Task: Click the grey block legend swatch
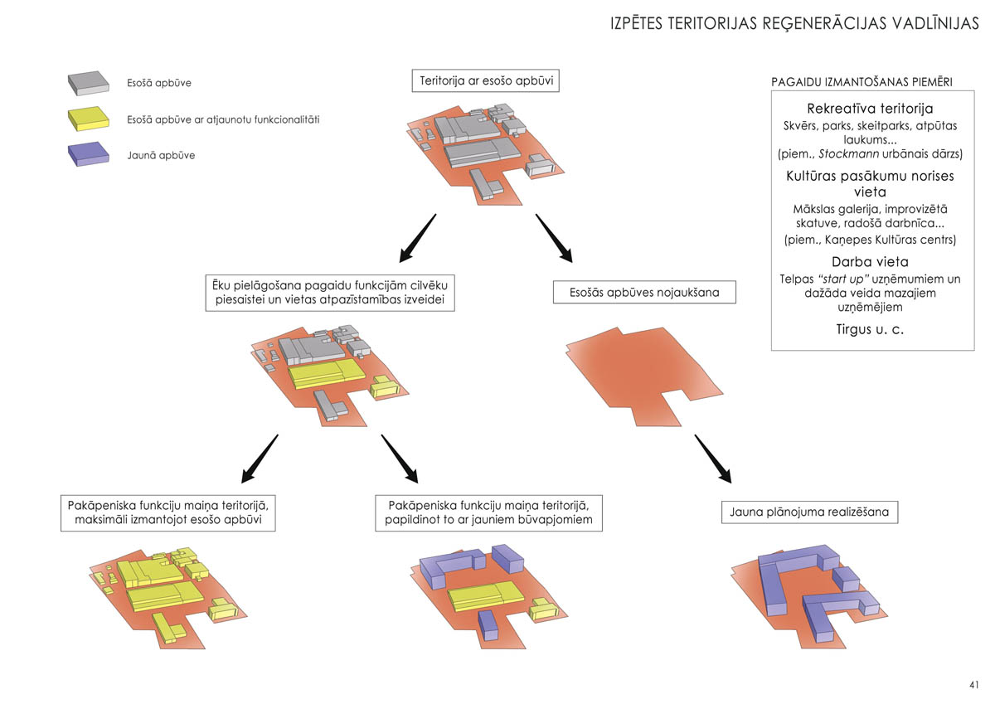[89, 82]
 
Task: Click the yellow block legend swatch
[89, 119]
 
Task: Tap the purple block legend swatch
[89, 154]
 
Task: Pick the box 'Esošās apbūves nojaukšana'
[643, 292]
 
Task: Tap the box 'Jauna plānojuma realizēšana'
[809, 512]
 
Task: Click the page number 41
[973, 685]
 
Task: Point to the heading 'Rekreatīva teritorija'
[870, 109]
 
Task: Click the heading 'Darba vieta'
[870, 262]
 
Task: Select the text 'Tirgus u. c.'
[870, 329]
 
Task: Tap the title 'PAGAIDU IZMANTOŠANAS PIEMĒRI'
[862, 82]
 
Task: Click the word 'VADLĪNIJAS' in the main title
[929, 23]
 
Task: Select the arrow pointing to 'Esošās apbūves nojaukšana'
[555, 239]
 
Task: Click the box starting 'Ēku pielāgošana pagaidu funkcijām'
[330, 293]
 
